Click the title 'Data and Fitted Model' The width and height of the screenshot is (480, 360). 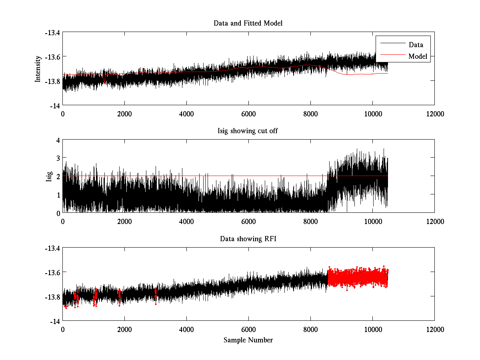point(248,23)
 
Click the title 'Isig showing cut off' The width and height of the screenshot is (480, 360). point(248,131)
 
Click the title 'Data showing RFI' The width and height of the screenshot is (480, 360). point(248,239)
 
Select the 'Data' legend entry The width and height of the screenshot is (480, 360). point(416,45)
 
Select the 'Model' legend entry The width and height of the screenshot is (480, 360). point(418,56)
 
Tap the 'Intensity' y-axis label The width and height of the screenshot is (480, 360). point(38,69)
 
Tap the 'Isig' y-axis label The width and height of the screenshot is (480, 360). point(49,177)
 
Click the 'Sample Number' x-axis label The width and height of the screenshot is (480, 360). point(248,340)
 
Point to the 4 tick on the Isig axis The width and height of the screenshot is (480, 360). point(58,140)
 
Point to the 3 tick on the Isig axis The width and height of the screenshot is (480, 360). point(58,158)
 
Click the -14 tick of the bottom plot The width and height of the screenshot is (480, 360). point(55,321)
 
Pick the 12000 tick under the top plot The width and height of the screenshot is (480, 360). point(434,114)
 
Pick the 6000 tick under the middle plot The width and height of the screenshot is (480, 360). point(248,222)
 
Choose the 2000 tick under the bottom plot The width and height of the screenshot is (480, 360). point(124,330)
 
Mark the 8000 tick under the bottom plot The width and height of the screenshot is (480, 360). point(310,330)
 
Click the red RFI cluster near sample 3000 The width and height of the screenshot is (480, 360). point(155,295)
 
